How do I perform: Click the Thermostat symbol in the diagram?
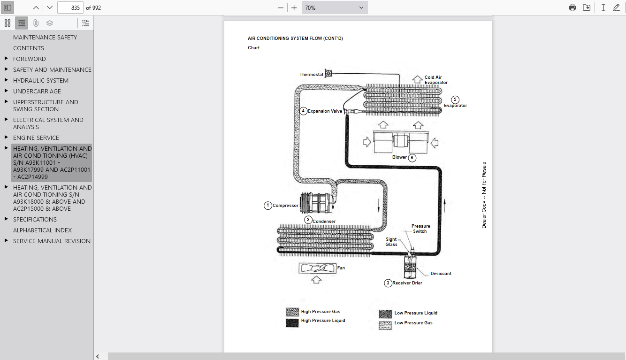coord(328,73)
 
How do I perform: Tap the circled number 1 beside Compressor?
coord(268,206)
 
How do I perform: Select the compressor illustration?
coord(318,203)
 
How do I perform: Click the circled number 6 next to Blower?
coord(412,158)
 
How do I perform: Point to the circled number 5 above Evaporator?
coord(455,100)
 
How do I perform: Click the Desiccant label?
coord(441,274)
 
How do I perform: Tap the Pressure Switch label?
coord(420,229)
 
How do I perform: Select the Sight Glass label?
coord(391,242)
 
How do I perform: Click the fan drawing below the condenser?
coord(318,268)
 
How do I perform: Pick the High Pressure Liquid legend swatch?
coord(292,322)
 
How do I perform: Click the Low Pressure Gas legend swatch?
coord(385,325)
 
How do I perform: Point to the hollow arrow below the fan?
coord(316,279)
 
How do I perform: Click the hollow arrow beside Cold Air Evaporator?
coord(418,79)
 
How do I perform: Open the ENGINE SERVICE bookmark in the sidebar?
coord(36,138)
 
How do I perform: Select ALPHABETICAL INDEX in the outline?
coord(43,230)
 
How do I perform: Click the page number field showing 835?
coord(70,8)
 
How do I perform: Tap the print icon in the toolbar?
coord(573,8)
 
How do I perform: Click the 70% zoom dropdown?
coord(335,8)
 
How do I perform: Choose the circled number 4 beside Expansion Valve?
coord(303,111)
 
